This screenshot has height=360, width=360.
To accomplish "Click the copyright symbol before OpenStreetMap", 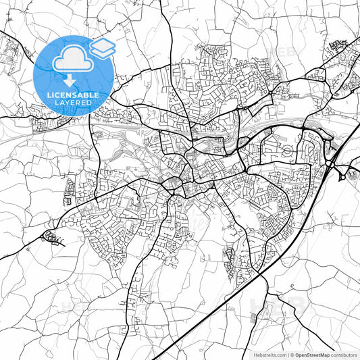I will [x=292, y=354].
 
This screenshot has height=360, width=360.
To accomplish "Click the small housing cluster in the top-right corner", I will [x=338, y=46].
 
